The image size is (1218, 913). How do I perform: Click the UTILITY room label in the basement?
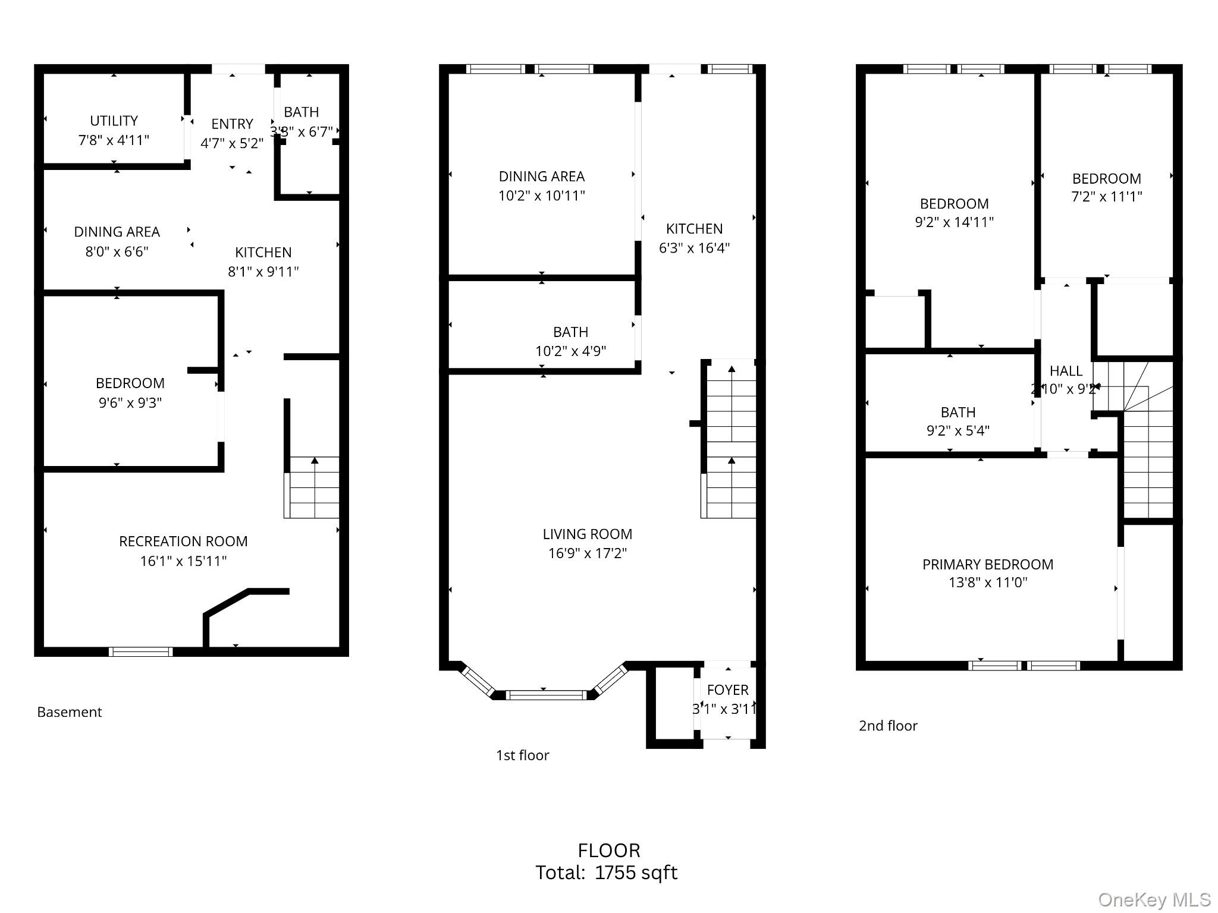pos(114,121)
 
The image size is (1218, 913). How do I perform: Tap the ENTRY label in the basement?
pos(232,124)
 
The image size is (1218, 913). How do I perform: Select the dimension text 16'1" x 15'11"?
pos(183,561)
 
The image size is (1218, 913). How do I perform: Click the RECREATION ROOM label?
pos(183,541)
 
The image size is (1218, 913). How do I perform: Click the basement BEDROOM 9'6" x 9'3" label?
pos(130,383)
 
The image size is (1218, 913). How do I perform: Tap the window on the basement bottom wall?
pos(141,651)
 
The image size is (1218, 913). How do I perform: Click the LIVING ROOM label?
pos(587,534)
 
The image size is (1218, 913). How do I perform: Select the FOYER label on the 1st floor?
pos(727,690)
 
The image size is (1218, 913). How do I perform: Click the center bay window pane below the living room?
pos(545,694)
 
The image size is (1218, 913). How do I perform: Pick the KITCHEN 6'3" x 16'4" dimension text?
pos(694,248)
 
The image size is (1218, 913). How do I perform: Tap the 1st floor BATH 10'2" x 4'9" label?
pos(570,332)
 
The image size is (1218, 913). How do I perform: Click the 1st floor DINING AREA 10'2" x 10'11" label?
pos(541,177)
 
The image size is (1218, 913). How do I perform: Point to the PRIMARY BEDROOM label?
pos(987,565)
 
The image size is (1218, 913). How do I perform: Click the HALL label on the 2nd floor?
pos(1066,372)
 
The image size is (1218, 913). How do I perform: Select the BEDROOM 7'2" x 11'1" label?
pos(1106,179)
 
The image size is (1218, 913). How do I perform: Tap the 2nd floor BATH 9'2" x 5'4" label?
pos(958,413)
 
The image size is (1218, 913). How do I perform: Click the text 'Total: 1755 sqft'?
pos(606,873)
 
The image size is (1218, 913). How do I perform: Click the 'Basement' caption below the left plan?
pos(70,712)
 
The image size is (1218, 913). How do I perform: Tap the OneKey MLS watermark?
pos(1154,899)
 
